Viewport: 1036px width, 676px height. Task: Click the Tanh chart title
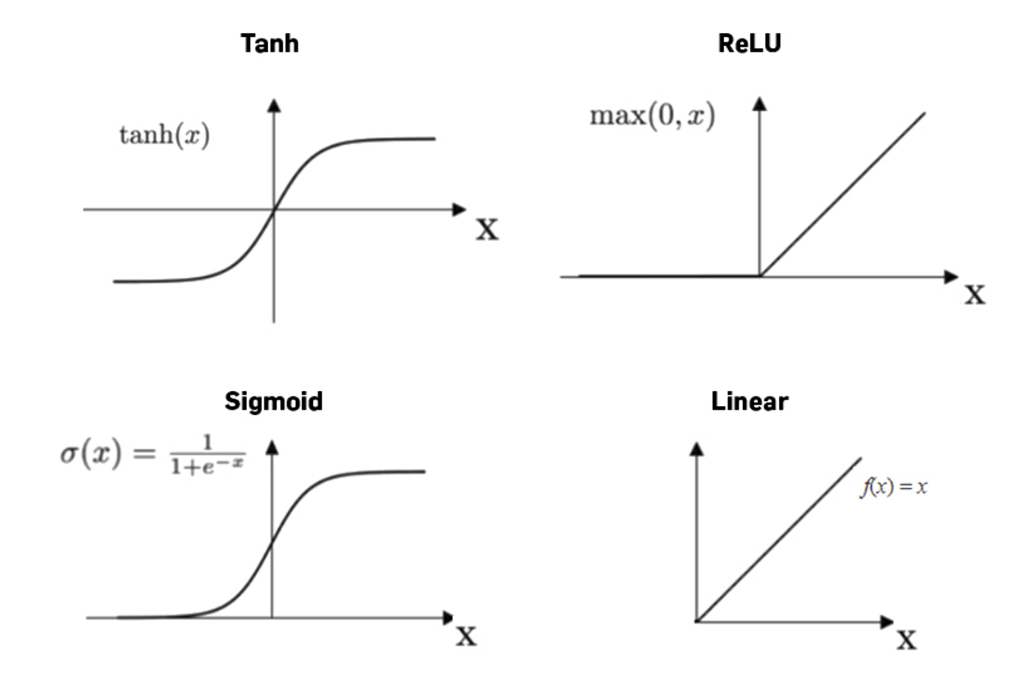[x=269, y=44]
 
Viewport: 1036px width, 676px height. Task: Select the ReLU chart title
[x=749, y=44]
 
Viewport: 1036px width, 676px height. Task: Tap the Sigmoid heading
[x=273, y=402]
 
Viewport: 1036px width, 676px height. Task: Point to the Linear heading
[x=749, y=402]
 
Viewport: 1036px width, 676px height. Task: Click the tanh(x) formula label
[x=164, y=135]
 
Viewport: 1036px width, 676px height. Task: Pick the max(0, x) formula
[x=652, y=116]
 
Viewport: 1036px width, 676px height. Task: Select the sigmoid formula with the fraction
[x=152, y=453]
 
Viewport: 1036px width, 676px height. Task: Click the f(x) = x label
[x=893, y=487]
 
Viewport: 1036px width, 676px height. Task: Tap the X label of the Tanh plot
[x=487, y=229]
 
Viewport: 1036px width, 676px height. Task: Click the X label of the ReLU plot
[x=975, y=294]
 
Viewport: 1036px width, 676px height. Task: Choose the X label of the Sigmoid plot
[x=465, y=635]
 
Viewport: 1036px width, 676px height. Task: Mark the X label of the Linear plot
[x=906, y=639]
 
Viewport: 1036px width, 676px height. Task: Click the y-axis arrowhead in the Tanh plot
[x=274, y=105]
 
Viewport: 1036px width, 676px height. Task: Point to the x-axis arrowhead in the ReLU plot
[x=952, y=277]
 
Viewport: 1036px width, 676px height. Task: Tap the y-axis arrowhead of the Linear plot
[x=696, y=448]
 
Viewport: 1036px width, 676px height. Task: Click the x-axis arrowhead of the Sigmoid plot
[x=448, y=617]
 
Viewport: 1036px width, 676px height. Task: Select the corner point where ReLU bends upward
[x=760, y=277]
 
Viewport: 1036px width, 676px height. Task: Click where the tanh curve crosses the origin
[x=274, y=210]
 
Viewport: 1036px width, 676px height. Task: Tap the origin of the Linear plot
[x=697, y=621]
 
